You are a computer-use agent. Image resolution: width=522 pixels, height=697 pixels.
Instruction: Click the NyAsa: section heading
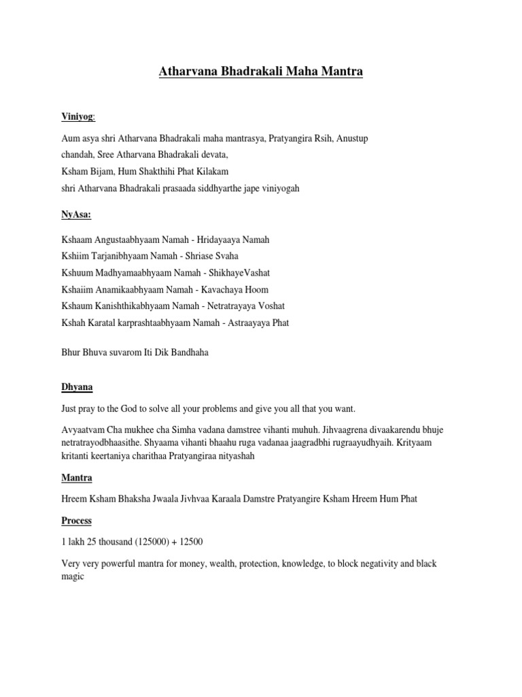tap(76, 214)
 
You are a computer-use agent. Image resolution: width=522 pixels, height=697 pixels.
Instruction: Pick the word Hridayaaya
tap(226, 240)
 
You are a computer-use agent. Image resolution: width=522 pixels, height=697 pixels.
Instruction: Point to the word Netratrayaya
tap(235, 306)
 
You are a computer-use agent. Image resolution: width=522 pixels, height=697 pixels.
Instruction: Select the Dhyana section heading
tap(77, 387)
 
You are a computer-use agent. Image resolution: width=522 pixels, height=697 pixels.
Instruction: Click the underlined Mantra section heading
tap(77, 478)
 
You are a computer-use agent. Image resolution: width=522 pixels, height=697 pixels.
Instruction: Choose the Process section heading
tap(76, 521)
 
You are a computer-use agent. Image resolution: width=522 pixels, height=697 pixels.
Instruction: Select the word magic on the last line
tap(73, 576)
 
